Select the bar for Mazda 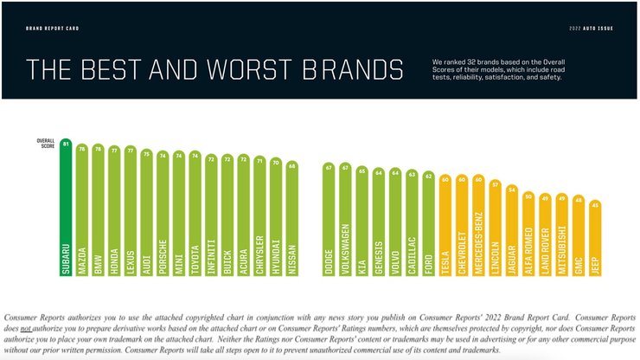point(82,216)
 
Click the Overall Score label point(46,143)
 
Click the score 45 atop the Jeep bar point(595,205)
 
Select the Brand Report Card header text point(53,27)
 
